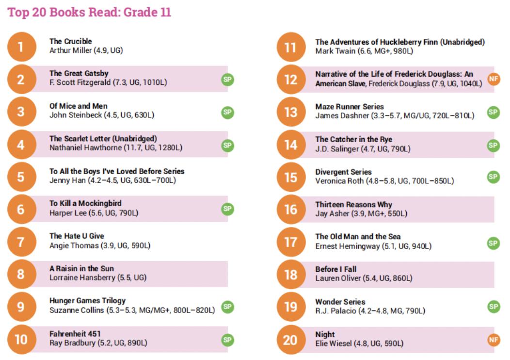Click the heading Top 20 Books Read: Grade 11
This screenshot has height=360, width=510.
click(x=89, y=12)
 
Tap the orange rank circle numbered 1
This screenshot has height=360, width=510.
click(x=21, y=47)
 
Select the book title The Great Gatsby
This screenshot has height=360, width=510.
click(x=79, y=73)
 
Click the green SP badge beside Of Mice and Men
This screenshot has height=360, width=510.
click(x=227, y=112)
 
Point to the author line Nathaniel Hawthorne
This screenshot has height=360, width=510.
click(x=116, y=147)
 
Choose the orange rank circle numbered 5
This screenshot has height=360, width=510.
click(x=21, y=177)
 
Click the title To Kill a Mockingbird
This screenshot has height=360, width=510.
click(x=85, y=203)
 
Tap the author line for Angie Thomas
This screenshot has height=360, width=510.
click(x=100, y=245)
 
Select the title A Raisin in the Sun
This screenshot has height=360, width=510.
click(x=82, y=268)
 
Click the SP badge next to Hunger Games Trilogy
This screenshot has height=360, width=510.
click(x=227, y=307)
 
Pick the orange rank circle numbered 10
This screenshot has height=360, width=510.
click(x=21, y=339)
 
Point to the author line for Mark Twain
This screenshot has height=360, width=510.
click(x=364, y=51)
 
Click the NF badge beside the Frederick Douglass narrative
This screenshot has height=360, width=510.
click(x=494, y=79)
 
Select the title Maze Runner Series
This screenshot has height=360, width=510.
click(x=350, y=106)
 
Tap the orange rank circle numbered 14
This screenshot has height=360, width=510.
click(x=290, y=145)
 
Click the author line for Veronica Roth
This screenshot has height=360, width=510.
click(x=384, y=181)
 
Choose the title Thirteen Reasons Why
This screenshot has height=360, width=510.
click(x=353, y=204)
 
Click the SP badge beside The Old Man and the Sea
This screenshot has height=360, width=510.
click(x=494, y=243)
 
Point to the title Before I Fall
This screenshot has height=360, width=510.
click(x=336, y=269)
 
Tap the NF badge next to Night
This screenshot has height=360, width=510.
click(x=494, y=340)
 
